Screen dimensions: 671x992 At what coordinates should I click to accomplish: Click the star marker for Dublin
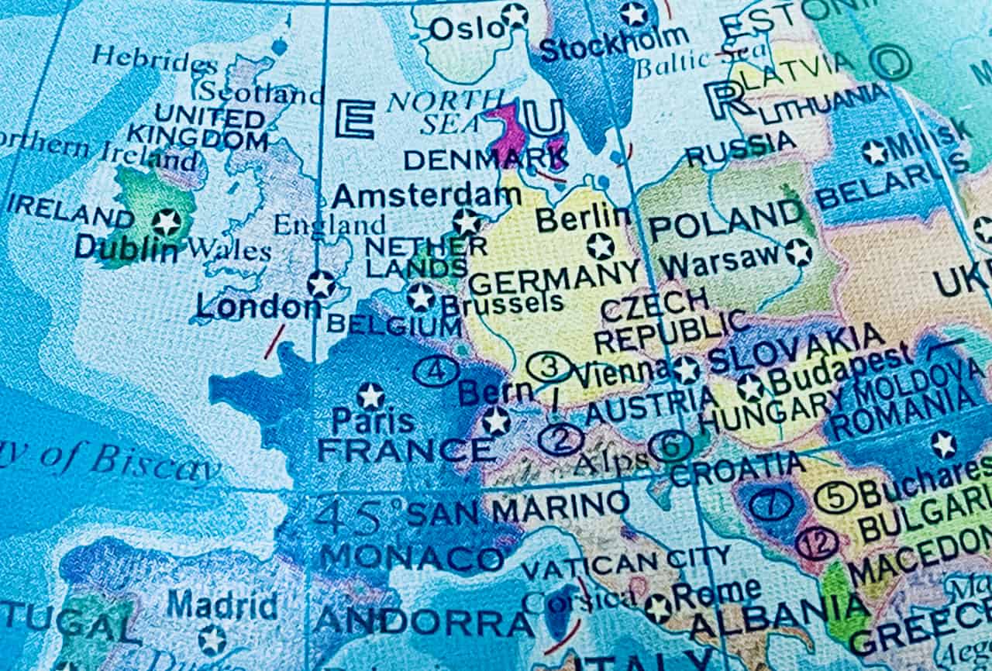pos(166,222)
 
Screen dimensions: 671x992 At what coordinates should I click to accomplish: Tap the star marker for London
pos(321,284)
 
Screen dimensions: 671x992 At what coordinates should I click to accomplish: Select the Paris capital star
pos(370,396)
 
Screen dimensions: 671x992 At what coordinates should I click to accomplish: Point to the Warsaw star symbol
pos(797,253)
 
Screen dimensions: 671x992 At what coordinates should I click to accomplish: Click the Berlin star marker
pos(600,246)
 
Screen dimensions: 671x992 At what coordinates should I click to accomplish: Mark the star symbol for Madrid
pos(212,640)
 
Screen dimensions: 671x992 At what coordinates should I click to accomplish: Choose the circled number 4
pos(436,371)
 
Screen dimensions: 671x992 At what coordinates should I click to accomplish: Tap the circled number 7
pos(771,504)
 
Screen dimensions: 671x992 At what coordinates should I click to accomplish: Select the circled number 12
pos(816,543)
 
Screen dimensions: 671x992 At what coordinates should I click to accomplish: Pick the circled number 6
pos(670,445)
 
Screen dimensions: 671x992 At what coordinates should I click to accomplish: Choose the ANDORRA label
pos(424,621)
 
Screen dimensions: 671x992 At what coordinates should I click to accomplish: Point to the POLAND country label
pos(725,220)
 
